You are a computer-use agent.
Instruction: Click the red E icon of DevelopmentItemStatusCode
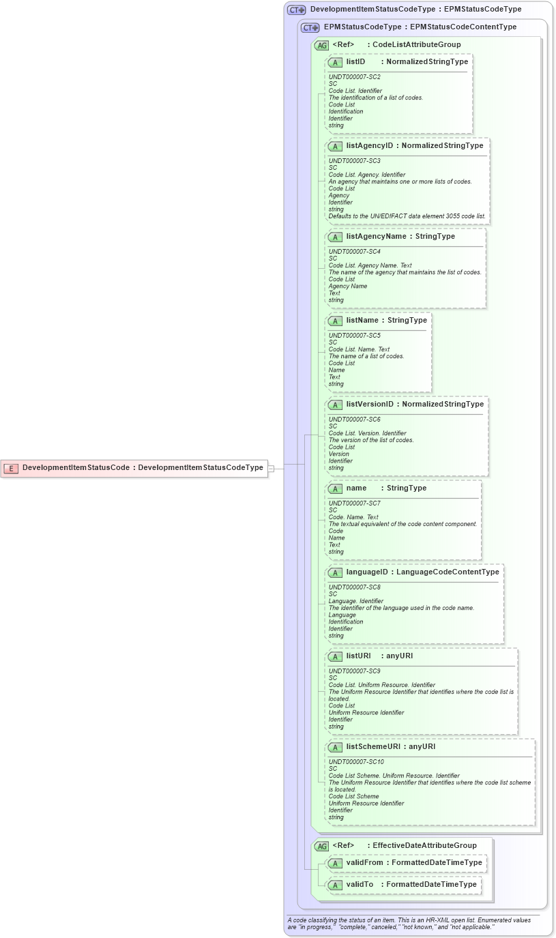pos(11,468)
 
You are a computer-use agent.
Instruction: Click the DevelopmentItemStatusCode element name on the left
pos(76,468)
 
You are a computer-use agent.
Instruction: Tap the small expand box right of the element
pos(271,469)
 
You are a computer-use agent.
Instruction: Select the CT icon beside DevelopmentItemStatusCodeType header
pos(297,10)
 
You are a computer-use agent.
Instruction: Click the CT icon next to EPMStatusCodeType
pos(310,28)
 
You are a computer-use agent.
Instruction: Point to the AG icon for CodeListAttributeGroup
pos(321,45)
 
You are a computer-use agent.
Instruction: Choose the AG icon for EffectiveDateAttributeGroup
pos(321,846)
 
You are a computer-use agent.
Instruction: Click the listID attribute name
pos(355,62)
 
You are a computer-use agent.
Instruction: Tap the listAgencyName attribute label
pos(376,237)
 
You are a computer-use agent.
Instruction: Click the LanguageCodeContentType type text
pos(448,572)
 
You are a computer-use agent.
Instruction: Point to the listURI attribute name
pos(358,656)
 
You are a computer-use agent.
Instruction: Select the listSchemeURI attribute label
pos(373,747)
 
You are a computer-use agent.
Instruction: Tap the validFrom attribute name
pos(364,863)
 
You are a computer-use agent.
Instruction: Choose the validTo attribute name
pos(360,885)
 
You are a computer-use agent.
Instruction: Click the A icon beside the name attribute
pos(335,488)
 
